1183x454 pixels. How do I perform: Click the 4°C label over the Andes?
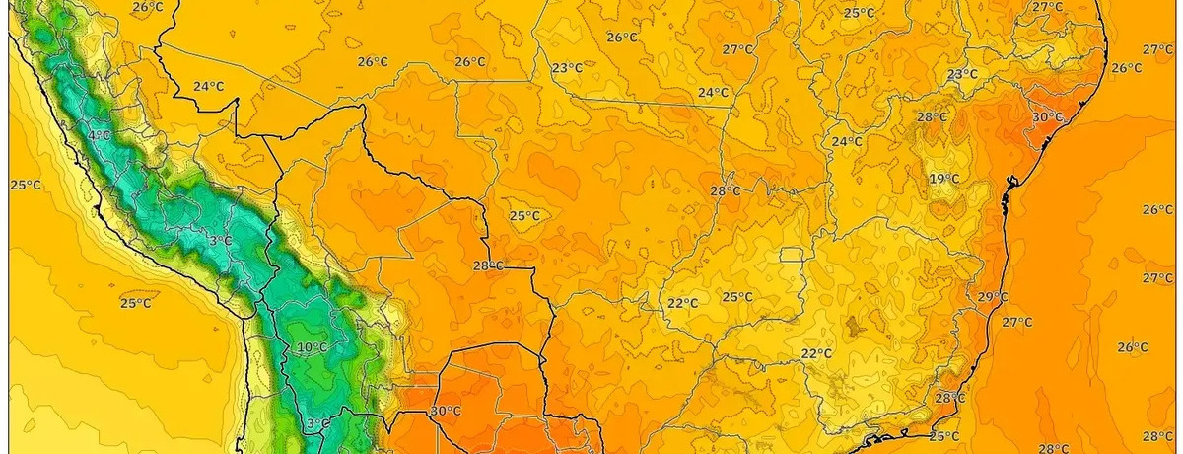pos(99,135)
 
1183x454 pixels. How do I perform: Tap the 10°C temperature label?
pos(312,347)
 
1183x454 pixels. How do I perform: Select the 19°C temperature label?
pos(943,179)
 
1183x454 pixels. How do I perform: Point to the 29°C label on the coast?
pos(992,297)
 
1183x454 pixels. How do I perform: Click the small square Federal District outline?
pos(791,256)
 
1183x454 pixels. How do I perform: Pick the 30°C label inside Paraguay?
pos(446,412)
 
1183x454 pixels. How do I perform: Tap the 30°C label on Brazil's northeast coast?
pos(1047,117)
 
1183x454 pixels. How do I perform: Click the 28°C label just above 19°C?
pos(932,117)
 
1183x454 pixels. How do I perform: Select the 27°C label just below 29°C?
pos(1016,323)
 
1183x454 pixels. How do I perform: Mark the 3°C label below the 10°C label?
pos(317,424)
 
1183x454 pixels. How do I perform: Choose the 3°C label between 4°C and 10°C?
pos(220,241)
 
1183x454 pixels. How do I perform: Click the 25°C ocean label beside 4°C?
pos(26,186)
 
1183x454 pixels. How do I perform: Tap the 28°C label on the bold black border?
pos(488,266)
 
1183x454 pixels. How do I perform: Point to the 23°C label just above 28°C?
pos(962,75)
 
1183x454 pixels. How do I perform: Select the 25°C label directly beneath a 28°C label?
pos(943,436)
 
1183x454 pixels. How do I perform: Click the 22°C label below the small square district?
pos(816,354)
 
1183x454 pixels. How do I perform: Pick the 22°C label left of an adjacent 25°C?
pos(682,303)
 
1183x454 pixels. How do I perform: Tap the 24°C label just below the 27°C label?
pos(713,93)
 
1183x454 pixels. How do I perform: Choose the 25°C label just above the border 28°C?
pos(523,216)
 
